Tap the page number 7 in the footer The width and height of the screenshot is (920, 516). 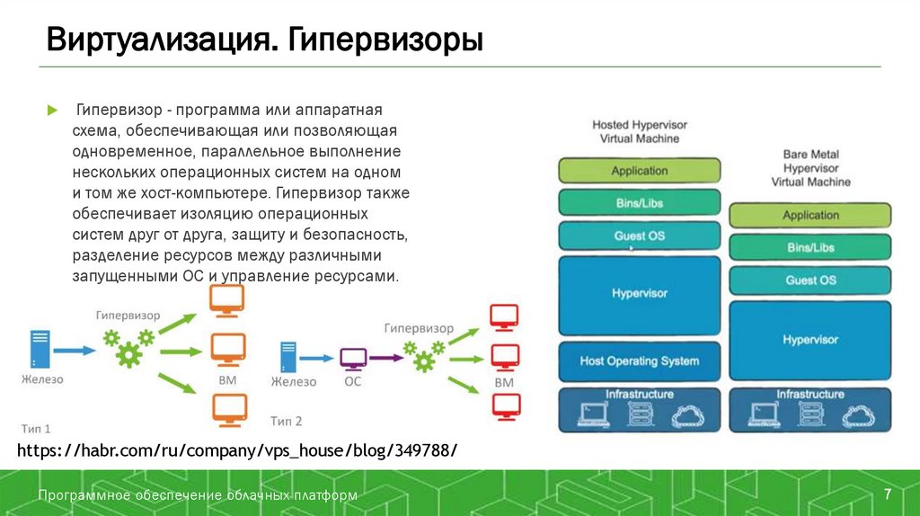[888, 494]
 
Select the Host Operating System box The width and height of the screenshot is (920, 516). [640, 361]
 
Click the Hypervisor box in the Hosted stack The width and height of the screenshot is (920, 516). [640, 294]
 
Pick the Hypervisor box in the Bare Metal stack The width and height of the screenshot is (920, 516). [809, 340]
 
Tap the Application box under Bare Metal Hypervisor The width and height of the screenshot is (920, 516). [809, 216]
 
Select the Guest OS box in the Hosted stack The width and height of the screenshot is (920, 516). [640, 236]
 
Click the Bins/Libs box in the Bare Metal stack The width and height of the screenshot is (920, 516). [809, 247]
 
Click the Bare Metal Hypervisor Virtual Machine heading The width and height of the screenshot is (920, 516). [810, 168]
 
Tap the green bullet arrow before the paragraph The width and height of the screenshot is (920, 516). [52, 111]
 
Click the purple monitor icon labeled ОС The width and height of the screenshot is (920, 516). [352, 357]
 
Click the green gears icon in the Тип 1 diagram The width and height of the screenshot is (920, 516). [128, 347]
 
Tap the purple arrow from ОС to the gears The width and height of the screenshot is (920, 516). [385, 358]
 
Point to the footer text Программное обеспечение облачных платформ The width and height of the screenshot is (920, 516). [198, 495]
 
